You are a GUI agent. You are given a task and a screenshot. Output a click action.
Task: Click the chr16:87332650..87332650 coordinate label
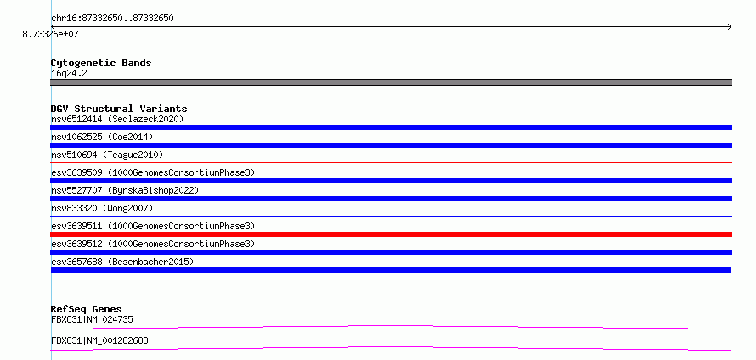112,19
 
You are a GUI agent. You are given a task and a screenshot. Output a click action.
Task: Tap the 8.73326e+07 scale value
51,35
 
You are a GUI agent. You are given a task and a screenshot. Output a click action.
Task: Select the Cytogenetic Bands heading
101,63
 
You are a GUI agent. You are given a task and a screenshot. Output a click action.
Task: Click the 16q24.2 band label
69,74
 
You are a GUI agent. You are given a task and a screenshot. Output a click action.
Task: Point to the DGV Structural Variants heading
119,109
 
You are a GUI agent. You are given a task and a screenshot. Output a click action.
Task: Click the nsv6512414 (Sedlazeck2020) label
117,119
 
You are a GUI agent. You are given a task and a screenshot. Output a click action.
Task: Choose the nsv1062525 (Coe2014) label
102,137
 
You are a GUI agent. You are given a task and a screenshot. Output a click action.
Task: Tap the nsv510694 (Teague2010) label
107,155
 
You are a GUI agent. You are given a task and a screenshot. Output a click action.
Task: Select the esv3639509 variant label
153,172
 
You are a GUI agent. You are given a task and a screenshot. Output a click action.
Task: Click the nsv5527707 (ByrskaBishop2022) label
125,190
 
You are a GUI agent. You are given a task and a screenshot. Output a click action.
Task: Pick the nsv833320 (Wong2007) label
102,208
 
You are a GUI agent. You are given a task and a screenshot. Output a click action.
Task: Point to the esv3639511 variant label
153,226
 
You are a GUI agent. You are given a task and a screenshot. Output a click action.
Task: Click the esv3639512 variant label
153,244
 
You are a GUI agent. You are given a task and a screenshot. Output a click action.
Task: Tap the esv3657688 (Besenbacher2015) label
122,262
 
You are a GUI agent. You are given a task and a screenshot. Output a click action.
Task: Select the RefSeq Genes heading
87,309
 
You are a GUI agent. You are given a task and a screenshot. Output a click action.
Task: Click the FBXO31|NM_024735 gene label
92,319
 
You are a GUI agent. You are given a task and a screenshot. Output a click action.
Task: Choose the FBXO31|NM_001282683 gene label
99,340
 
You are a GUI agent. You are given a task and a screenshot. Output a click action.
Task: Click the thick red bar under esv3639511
391,234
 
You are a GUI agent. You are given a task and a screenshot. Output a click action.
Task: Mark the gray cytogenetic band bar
391,82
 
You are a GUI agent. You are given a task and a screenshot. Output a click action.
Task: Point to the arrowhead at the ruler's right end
730,27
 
